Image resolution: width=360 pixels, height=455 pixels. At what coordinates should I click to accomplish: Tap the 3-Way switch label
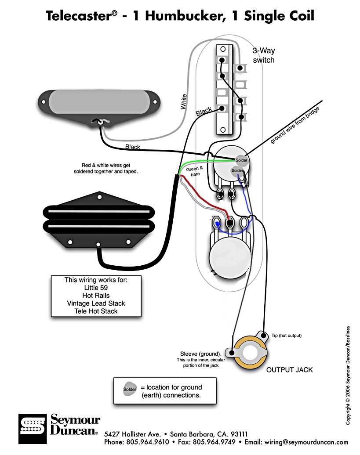pos(264,55)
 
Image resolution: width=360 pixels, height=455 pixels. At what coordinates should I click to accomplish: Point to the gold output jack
pos(250,353)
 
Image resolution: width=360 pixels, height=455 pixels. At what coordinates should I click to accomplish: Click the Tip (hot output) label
pos(286,336)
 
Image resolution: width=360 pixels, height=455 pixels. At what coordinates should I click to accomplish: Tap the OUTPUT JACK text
pos(290,370)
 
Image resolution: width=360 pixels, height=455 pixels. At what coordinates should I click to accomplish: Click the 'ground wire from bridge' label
pos(295,125)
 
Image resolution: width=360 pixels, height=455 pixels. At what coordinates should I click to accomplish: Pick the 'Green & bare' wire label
pos(195,171)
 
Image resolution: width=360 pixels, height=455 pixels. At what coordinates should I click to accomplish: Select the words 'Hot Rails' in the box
pos(96,296)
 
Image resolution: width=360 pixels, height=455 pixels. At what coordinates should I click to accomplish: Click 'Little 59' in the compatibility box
pos(96,288)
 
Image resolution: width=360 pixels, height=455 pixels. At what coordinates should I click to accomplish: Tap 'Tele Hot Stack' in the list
pos(96,311)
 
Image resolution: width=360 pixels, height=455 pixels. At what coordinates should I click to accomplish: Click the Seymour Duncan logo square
pos(33,429)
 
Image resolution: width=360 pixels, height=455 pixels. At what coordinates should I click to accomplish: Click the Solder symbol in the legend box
pos(130,389)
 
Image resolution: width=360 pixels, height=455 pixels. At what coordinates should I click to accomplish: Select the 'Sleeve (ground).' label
pos(200,354)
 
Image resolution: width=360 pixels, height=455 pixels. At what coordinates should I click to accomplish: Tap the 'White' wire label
pos(183,101)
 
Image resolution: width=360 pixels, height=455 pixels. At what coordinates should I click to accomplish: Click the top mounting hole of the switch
pos(223,49)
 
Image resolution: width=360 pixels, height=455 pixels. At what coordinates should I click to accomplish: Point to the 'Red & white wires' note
pos(105,168)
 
